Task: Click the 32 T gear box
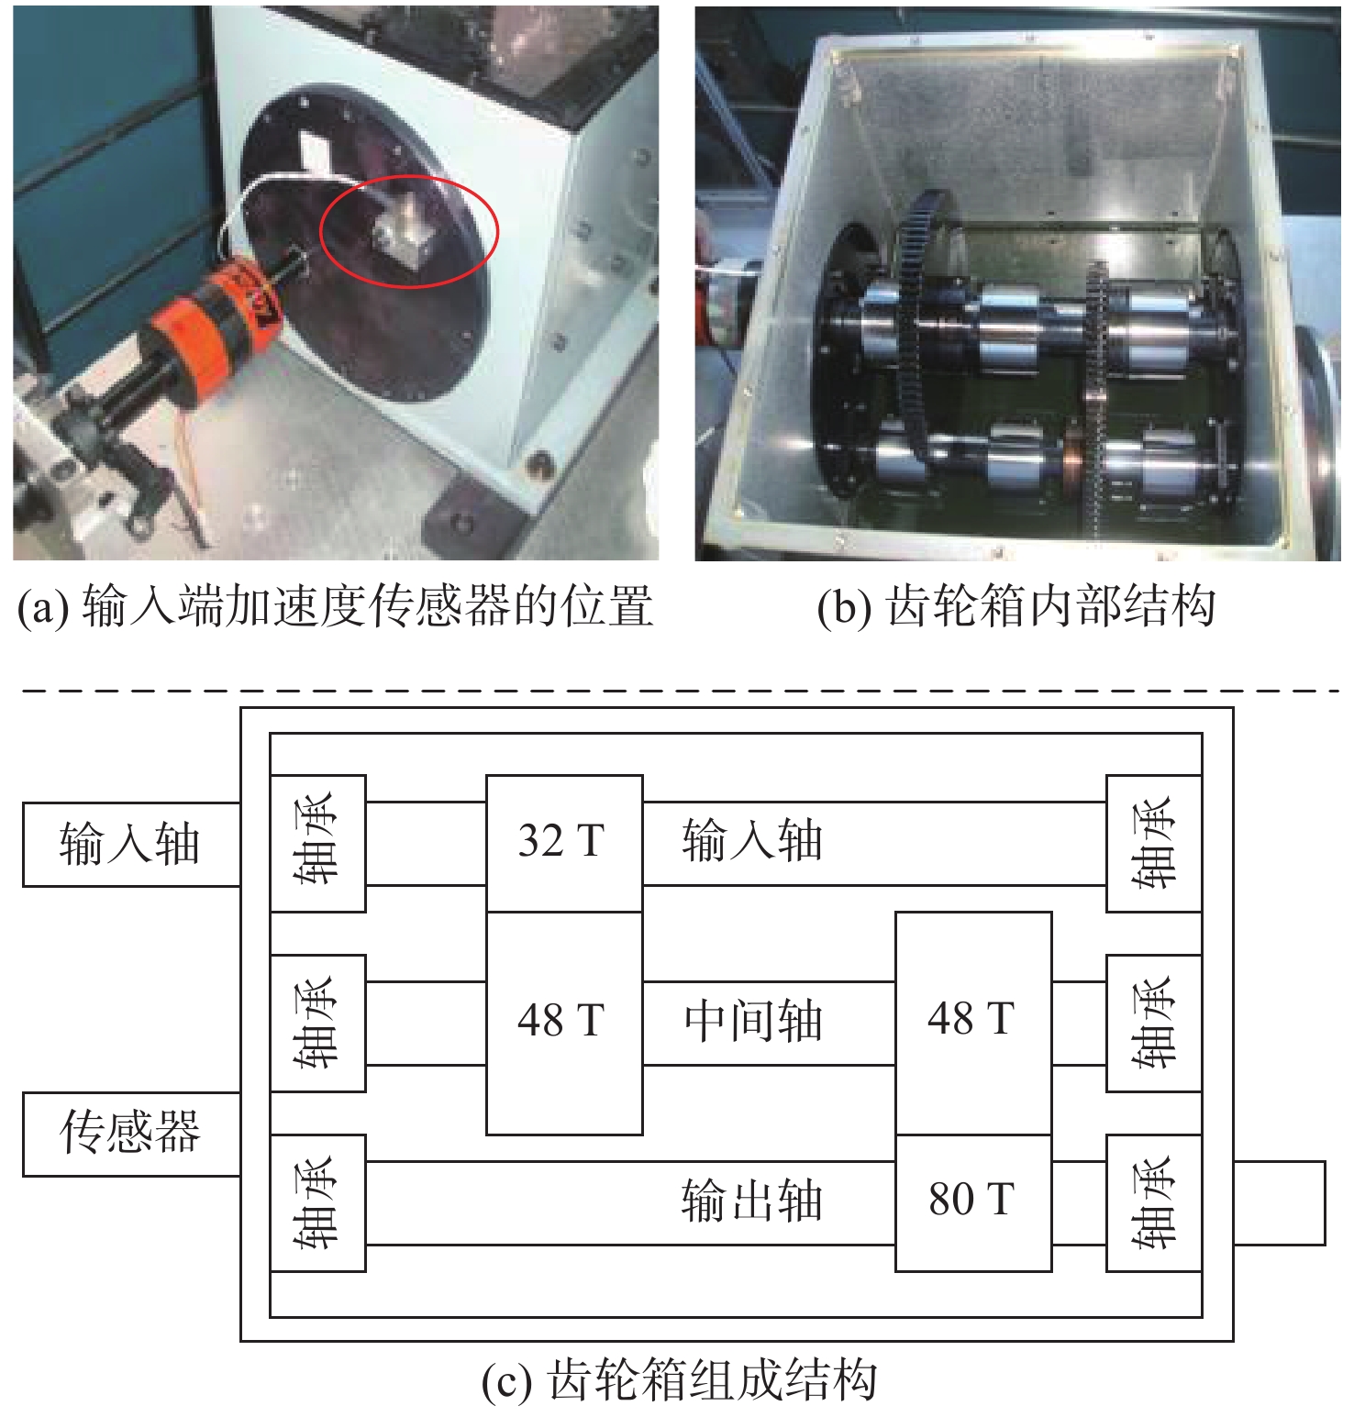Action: tap(563, 843)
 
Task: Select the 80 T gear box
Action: tap(973, 1202)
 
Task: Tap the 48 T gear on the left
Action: tap(563, 1023)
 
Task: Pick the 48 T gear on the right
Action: tap(973, 1023)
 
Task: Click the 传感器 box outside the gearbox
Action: tap(131, 1134)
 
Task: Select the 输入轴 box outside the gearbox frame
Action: tap(131, 845)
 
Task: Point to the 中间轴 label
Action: tap(752, 1022)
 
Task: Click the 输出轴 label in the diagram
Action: tap(752, 1201)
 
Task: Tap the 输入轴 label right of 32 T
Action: tap(752, 842)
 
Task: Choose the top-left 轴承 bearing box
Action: tap(318, 843)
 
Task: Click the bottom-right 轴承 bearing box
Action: tap(1154, 1202)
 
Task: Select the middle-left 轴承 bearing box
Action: tap(318, 1023)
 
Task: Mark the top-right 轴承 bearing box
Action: tap(1154, 843)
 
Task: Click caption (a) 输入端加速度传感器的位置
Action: tap(335, 606)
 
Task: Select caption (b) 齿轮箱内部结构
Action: tap(1016, 606)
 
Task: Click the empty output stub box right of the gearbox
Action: tap(1280, 1202)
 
